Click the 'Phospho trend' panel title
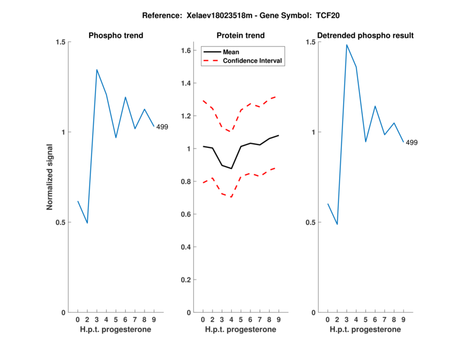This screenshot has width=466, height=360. pos(116,36)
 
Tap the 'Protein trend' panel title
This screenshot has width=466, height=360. pos(241,36)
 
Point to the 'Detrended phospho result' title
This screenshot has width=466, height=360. pos(365,36)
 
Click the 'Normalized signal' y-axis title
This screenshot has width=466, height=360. pos(50,177)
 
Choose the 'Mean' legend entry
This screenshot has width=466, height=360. pos(231,52)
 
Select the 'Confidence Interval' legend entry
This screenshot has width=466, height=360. pos(253,61)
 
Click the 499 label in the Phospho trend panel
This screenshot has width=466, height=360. pos(162,127)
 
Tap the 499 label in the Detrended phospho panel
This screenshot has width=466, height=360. pos(412,143)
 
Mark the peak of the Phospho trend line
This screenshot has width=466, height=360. pos(97,69)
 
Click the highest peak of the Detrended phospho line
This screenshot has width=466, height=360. pos(347,44)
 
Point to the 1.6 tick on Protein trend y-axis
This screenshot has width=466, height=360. pos(185,51)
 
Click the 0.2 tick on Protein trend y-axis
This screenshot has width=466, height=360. pos(185,280)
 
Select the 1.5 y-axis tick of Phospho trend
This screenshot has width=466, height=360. pos(59,42)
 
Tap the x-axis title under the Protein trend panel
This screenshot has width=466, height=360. pos(241,330)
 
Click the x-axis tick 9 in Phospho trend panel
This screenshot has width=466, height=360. pos(154,319)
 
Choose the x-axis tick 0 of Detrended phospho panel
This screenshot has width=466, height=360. pos(328,319)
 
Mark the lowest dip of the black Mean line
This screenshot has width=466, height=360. pos(231,168)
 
